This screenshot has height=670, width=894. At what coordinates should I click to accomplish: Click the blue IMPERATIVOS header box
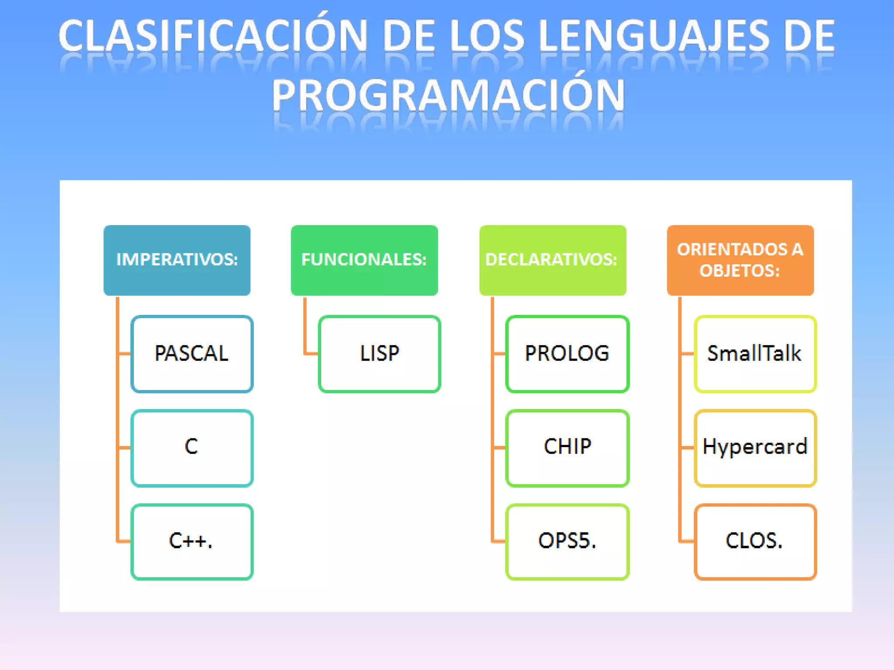177,260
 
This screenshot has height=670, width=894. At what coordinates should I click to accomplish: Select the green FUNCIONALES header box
364,260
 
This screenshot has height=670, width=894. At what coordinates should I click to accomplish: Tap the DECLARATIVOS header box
552,260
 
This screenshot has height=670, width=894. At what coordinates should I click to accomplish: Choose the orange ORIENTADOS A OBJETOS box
740,260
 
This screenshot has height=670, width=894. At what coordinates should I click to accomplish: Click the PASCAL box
192,354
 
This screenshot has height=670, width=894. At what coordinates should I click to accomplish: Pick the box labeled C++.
192,541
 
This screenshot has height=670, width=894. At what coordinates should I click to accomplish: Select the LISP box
379,354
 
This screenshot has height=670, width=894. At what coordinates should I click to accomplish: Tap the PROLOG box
567,354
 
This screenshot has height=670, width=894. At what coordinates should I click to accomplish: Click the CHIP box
567,448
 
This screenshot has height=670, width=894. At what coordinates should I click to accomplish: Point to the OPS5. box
567,541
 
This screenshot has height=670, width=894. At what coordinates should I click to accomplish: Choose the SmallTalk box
755,354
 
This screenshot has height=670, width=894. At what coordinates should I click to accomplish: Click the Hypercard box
755,448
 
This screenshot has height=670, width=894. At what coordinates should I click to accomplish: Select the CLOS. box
755,541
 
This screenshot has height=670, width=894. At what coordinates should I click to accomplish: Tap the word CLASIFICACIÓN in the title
213,36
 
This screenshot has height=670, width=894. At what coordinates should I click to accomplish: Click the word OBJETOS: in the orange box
739,271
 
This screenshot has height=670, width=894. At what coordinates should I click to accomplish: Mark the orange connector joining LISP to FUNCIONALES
306,332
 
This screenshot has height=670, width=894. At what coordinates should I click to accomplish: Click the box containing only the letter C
192,448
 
